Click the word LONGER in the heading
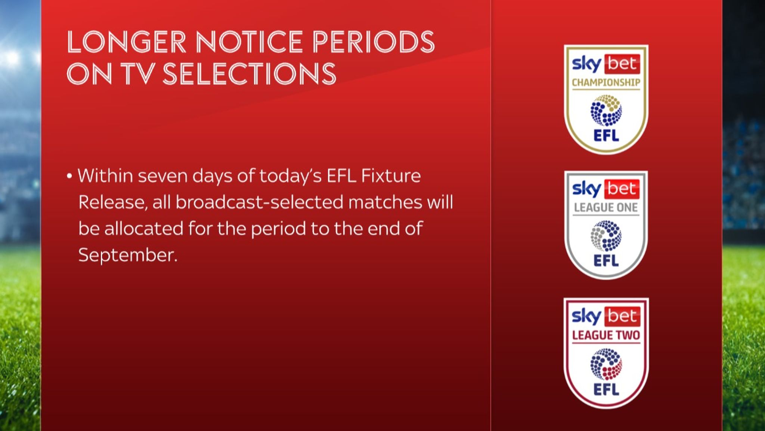(126, 42)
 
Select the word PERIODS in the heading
(374, 42)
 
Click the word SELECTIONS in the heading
(250, 74)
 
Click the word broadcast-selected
(259, 202)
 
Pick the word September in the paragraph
(127, 256)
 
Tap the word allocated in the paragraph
(144, 229)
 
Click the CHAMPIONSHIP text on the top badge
(606, 83)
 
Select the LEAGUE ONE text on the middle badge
(606, 208)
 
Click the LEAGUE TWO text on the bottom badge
(606, 335)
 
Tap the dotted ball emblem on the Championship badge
(606, 110)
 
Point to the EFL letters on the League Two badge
(606, 389)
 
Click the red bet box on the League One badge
(622, 189)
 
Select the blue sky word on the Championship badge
(586, 64)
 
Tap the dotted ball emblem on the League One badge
(606, 236)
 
